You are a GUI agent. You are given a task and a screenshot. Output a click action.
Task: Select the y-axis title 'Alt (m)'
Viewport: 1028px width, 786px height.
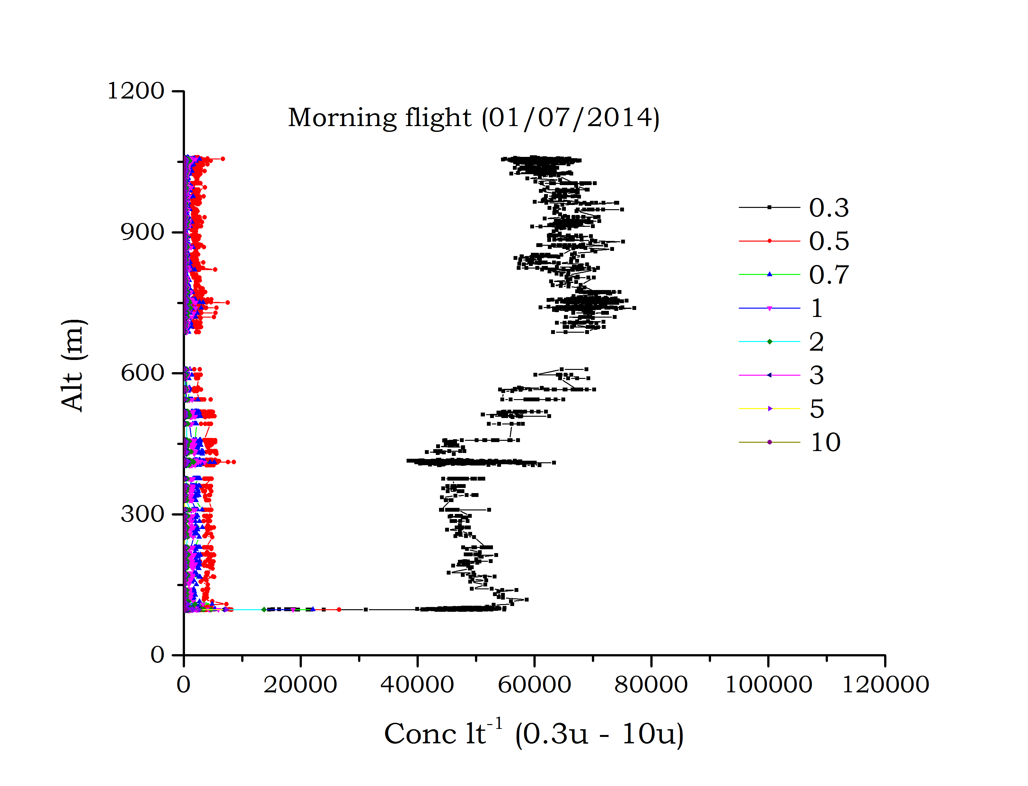(74, 365)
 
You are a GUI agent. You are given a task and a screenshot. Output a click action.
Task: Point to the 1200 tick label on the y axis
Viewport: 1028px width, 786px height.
(136, 91)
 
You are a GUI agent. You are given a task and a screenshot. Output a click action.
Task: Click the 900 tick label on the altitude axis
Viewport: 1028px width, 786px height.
(142, 232)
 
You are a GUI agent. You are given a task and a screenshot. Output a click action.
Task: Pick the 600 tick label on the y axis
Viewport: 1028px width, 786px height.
(142, 373)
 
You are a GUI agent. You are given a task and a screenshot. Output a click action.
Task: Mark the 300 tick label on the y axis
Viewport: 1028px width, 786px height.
(142, 514)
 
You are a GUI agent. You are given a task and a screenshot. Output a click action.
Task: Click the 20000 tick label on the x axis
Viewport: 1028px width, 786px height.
(300, 685)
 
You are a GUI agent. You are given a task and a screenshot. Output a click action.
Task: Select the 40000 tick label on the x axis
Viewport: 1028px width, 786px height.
(417, 685)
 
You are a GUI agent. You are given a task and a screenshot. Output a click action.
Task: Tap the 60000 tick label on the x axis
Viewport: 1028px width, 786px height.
(534, 685)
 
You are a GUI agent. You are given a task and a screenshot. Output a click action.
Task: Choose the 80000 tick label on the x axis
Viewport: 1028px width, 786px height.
(651, 685)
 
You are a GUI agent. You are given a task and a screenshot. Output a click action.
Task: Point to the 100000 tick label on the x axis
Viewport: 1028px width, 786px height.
(768, 685)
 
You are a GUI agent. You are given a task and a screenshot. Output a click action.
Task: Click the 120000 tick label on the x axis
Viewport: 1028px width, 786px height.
(885, 685)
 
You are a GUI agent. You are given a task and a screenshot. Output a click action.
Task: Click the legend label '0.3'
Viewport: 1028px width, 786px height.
(829, 208)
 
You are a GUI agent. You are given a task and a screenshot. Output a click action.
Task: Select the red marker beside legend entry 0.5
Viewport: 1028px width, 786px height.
(769, 241)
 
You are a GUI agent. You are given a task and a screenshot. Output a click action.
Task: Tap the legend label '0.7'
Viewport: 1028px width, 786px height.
(829, 275)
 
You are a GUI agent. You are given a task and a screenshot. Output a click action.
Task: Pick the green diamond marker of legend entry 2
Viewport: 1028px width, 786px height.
(769, 342)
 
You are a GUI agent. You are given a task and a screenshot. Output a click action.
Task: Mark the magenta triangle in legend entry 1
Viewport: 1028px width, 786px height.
(769, 308)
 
